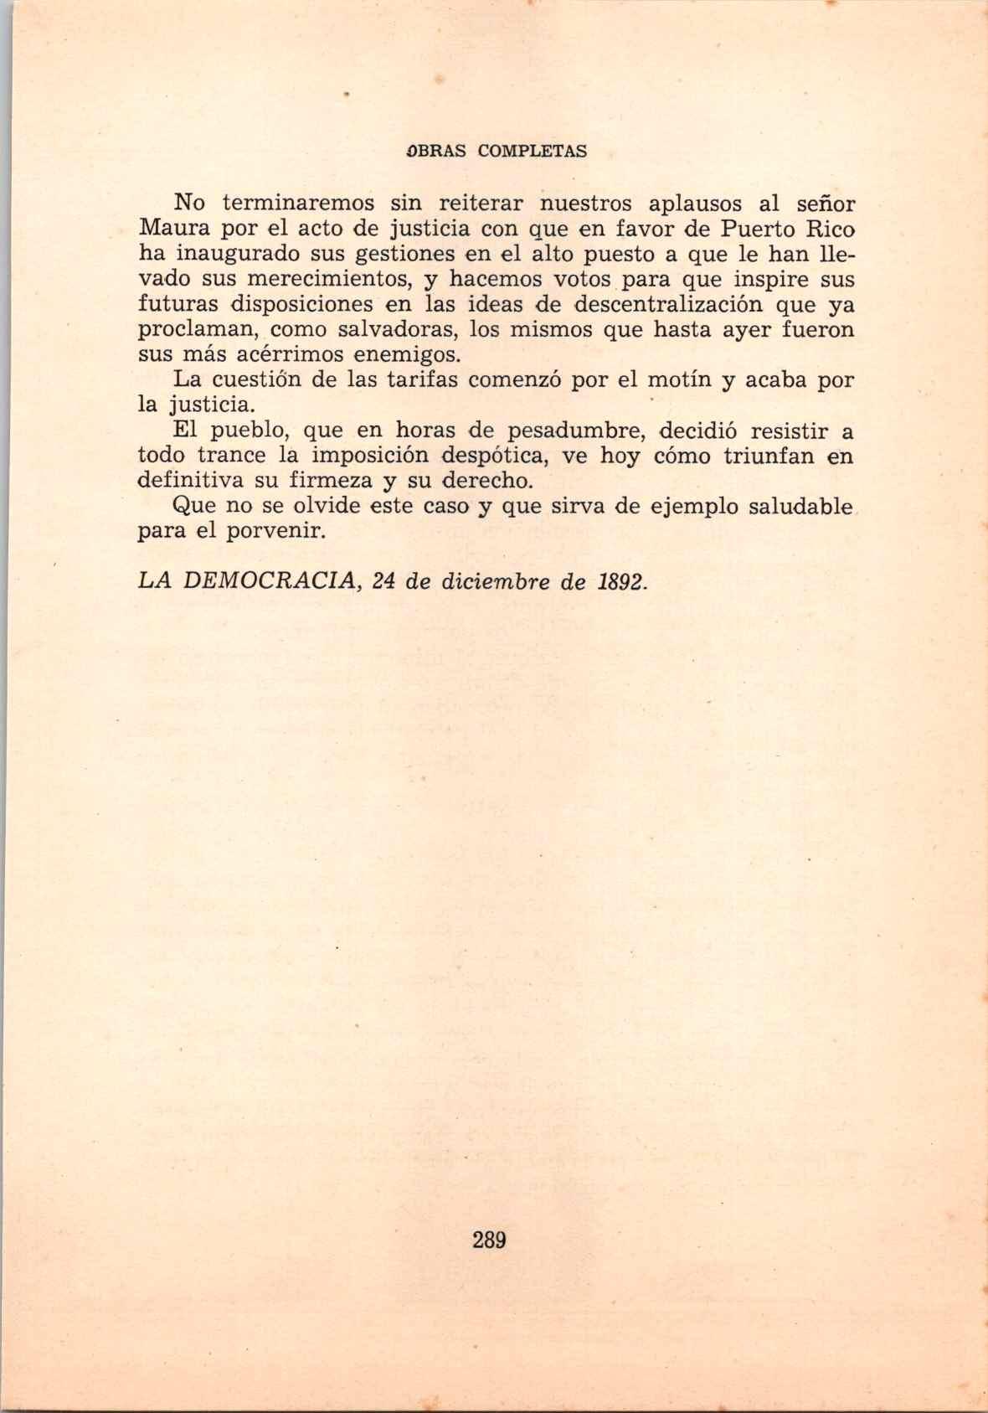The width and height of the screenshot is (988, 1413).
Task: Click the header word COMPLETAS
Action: point(533,152)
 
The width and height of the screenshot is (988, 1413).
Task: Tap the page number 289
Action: point(489,1240)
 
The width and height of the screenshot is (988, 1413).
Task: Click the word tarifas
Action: point(423,379)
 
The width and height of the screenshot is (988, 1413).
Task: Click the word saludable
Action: point(790,507)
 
